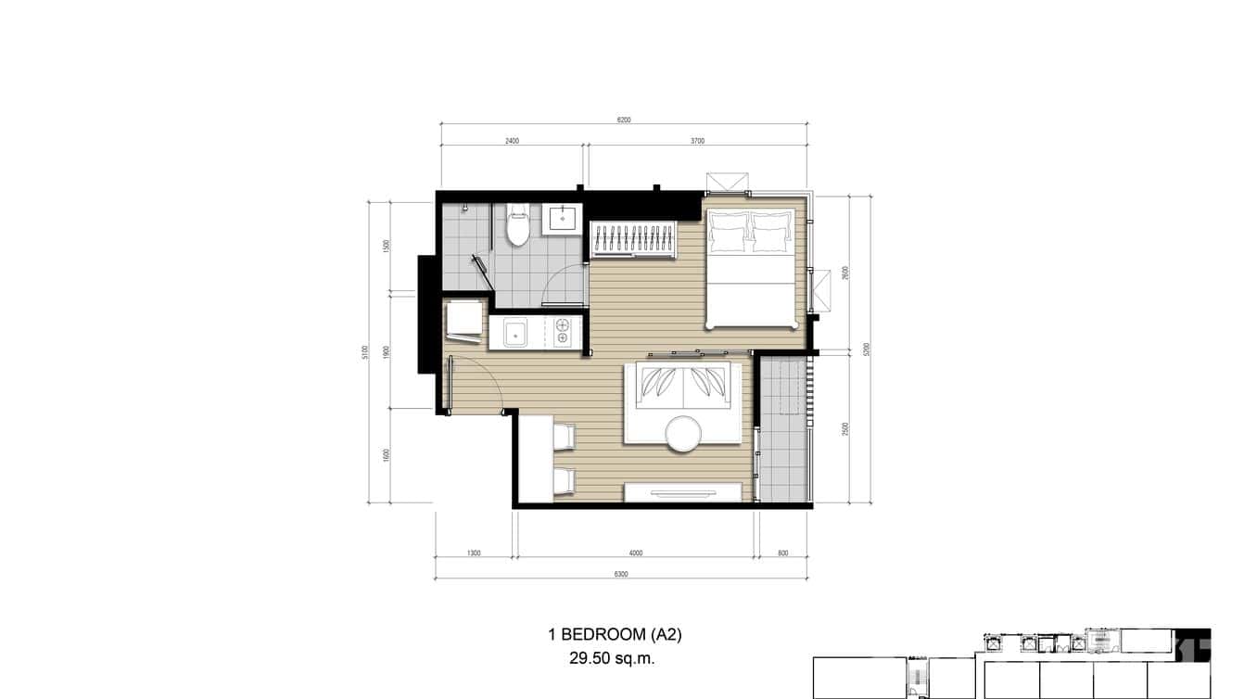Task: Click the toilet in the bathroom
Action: [517, 226]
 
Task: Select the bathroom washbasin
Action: [563, 219]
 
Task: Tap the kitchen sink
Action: [514, 333]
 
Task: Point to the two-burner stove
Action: [563, 333]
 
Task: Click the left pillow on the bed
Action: [728, 232]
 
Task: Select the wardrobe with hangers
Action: [634, 239]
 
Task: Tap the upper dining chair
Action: [563, 438]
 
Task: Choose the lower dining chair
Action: [563, 480]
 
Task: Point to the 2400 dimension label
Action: [512, 142]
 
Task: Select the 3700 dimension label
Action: [698, 142]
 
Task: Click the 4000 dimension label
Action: [635, 553]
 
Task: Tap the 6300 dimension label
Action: [621, 575]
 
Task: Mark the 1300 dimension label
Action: [474, 553]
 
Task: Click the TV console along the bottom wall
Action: [686, 492]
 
